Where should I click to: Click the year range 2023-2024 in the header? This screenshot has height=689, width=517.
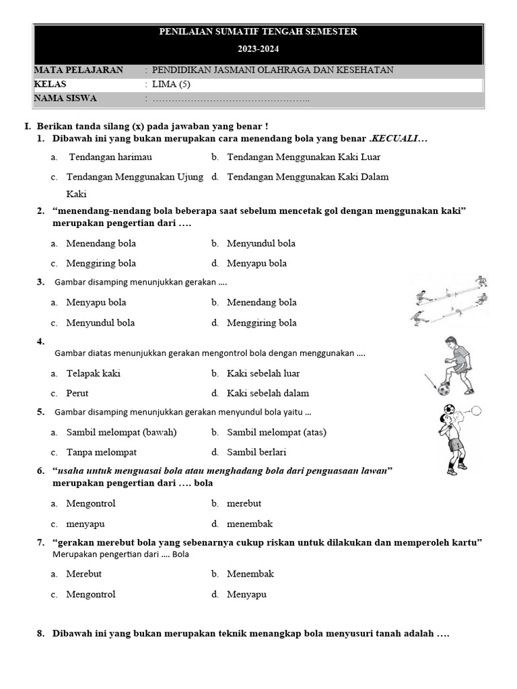tap(258, 49)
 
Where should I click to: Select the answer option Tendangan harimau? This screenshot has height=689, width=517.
tap(110, 157)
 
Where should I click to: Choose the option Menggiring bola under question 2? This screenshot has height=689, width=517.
tap(101, 263)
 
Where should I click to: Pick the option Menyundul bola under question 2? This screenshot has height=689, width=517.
tap(261, 243)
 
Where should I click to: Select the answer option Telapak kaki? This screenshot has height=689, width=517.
tap(93, 373)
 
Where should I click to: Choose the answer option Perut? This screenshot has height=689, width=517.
tap(77, 393)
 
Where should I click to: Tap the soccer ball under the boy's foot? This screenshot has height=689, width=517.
tap(444, 389)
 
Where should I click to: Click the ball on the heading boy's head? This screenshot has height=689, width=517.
tap(449, 409)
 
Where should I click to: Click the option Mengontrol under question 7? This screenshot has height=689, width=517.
tap(90, 594)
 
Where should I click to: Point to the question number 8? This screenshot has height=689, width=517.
tap(41, 633)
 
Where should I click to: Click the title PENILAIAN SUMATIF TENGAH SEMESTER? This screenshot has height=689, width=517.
tap(258, 32)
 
